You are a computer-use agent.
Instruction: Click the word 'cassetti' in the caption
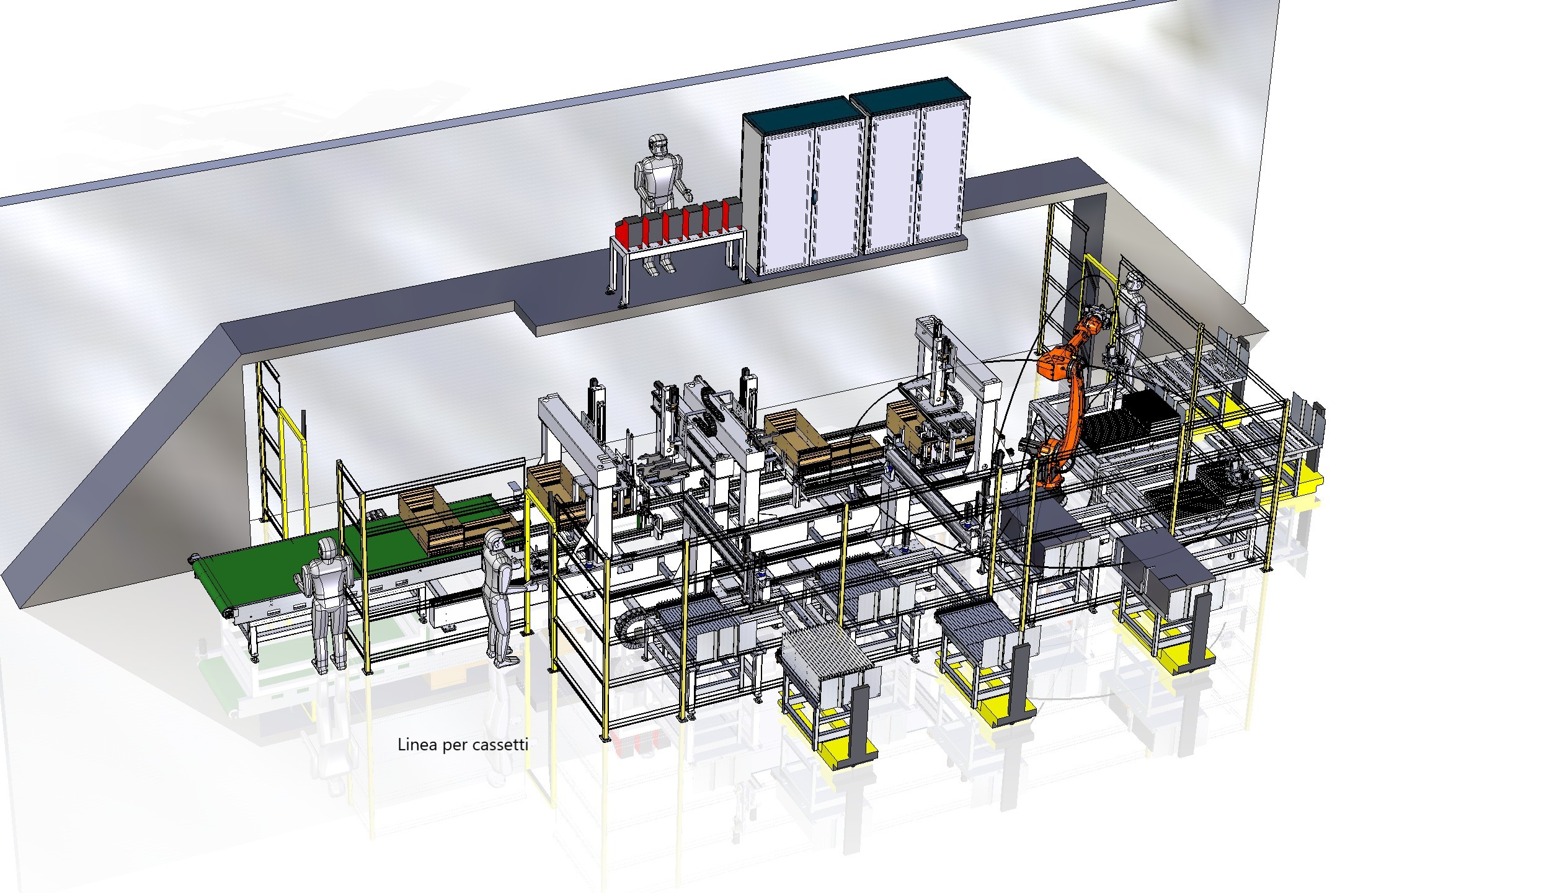click(x=500, y=745)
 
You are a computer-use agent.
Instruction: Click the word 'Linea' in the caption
click(x=417, y=745)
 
